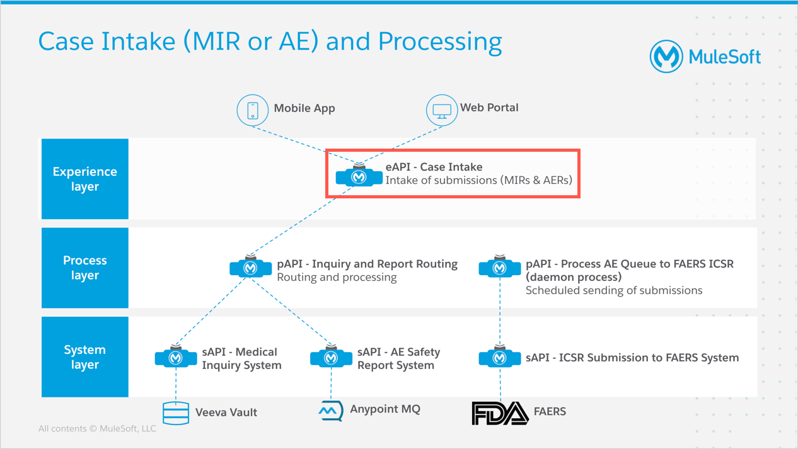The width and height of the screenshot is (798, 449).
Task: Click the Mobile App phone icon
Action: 253,110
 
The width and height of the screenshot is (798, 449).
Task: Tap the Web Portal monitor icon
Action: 442,110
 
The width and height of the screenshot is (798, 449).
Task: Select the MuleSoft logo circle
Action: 666,56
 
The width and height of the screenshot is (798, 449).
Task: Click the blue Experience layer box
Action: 85,179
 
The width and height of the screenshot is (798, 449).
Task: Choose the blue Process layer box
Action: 85,268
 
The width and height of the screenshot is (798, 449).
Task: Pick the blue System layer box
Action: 85,357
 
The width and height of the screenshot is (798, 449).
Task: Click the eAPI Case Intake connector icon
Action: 359,176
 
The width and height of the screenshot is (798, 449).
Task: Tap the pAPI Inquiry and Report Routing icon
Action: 250,267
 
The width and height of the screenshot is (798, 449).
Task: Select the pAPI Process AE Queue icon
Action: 499,267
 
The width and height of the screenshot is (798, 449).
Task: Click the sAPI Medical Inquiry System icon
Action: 176,356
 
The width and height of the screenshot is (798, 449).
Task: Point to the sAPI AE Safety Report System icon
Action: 331,356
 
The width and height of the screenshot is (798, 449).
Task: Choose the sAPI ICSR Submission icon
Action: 499,356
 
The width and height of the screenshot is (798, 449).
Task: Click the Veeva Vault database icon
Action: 176,413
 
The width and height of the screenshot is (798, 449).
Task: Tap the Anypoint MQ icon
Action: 331,411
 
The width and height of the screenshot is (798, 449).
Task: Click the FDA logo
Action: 500,413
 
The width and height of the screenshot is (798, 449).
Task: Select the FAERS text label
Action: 550,411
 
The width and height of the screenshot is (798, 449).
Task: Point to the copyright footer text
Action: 97,428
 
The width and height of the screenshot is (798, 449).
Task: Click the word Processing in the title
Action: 440,42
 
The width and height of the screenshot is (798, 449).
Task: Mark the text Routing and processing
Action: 337,277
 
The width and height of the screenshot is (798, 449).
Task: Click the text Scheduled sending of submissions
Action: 614,290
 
